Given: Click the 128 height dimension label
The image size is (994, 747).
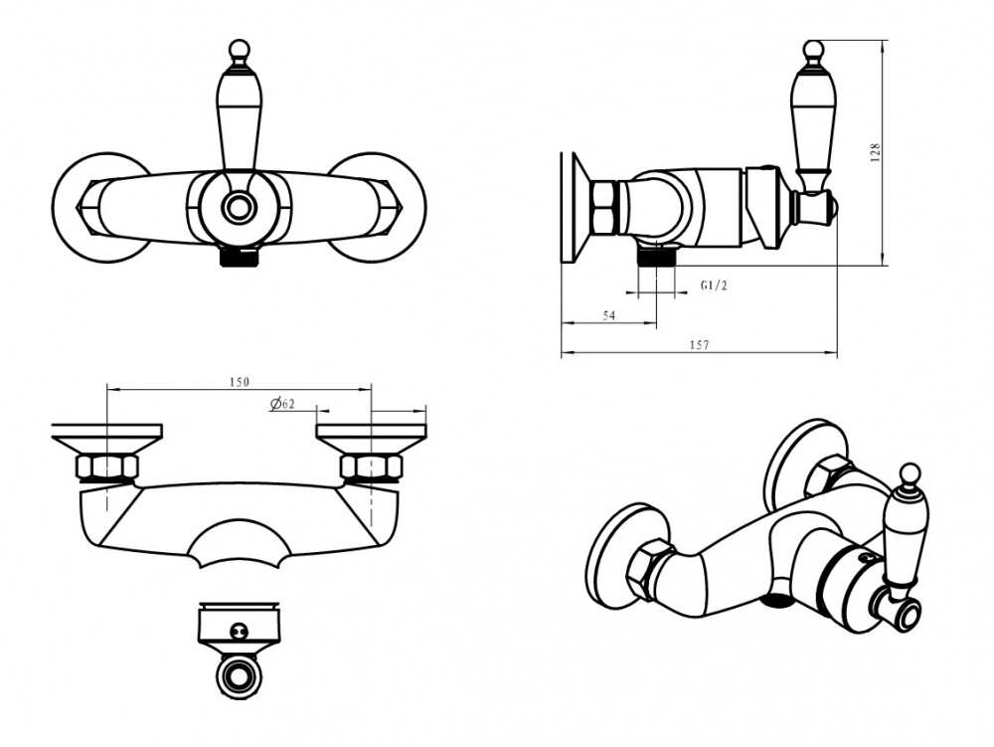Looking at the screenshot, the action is click(876, 153).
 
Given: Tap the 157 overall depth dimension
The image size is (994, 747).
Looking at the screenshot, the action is click(699, 345).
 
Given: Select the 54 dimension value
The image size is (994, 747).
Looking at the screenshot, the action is click(608, 315).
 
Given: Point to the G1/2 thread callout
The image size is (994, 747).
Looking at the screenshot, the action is click(714, 285).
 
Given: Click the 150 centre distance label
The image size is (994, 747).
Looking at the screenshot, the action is click(239, 382).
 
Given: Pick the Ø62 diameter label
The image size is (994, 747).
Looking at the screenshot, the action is click(282, 404).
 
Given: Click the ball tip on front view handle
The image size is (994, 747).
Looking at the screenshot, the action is click(239, 50).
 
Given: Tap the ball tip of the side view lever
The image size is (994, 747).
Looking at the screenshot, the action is click(812, 50).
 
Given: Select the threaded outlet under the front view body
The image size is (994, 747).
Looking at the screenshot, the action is click(239, 257).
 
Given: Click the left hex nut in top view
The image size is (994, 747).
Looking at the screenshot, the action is click(106, 467).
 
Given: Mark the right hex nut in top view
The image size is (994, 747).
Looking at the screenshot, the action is click(372, 467).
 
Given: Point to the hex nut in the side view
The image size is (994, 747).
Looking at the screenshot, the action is click(603, 207).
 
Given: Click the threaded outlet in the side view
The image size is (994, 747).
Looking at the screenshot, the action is click(657, 257).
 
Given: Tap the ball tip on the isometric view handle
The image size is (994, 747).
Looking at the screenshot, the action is click(910, 472).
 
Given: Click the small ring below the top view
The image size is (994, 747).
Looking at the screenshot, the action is click(239, 677).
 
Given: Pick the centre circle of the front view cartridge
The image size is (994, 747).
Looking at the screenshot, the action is click(239, 207).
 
